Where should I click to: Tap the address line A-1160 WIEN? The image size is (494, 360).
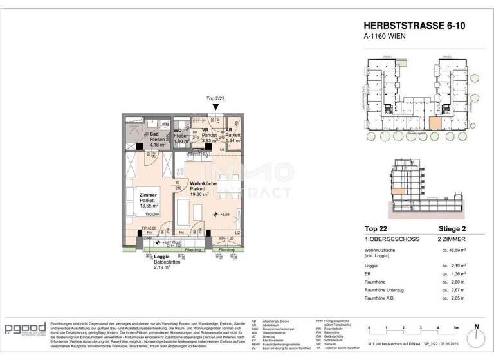388,37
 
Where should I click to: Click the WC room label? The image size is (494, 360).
178,131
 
